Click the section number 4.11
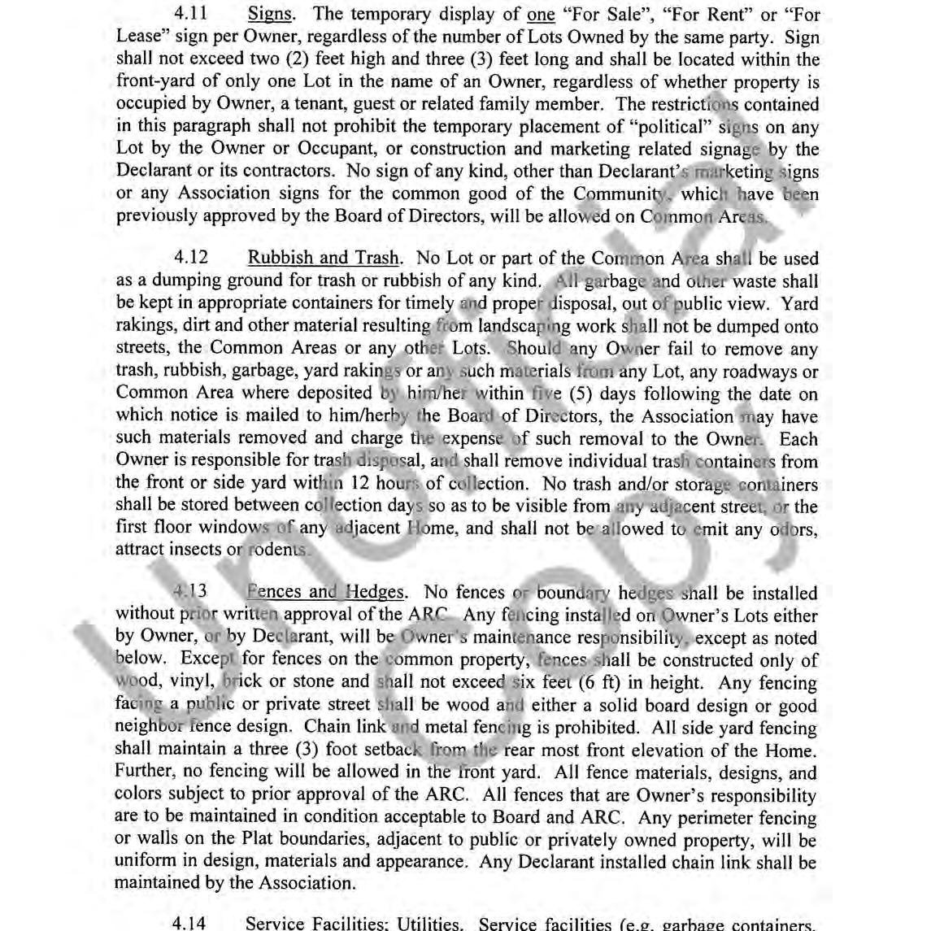click(191, 14)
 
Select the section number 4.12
click(191, 259)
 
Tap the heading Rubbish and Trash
click(323, 259)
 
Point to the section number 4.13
click(191, 592)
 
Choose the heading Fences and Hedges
click(324, 592)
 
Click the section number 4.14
click(191, 924)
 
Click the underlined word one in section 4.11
click(541, 15)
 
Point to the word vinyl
click(189, 682)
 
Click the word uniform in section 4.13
click(146, 862)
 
